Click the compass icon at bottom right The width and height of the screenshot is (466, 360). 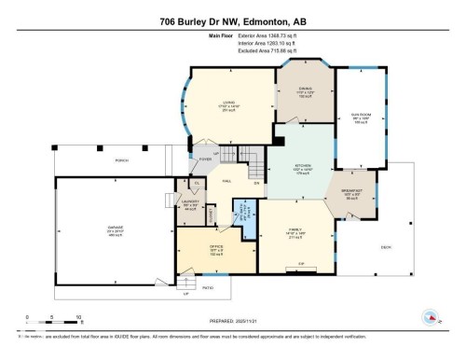[x=432, y=318]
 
